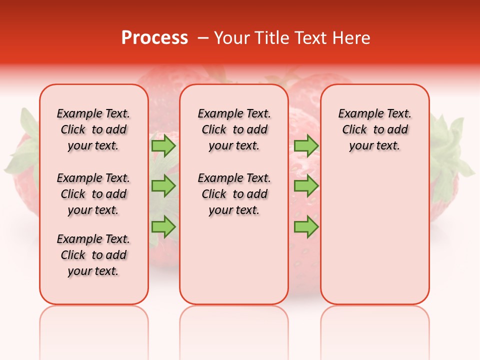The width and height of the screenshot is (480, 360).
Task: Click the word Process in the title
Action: tap(154, 38)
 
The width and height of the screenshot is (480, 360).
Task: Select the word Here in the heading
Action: tap(352, 38)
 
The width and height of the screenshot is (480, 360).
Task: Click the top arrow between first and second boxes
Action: tap(163, 145)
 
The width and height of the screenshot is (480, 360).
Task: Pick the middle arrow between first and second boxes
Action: tap(163, 186)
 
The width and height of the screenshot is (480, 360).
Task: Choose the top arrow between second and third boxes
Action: tap(306, 145)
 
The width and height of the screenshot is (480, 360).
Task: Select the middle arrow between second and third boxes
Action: tap(306, 186)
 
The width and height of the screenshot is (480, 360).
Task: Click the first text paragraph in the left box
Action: tap(93, 129)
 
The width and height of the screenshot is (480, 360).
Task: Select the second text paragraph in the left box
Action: tap(93, 194)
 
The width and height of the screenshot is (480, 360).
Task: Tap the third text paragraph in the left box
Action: tap(93, 255)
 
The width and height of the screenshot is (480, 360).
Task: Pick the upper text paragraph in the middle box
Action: tap(234, 129)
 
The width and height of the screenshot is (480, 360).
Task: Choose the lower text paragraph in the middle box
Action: tap(234, 194)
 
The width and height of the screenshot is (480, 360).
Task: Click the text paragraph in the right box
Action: tap(375, 129)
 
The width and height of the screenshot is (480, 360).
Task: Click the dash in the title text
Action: tap(202, 38)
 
